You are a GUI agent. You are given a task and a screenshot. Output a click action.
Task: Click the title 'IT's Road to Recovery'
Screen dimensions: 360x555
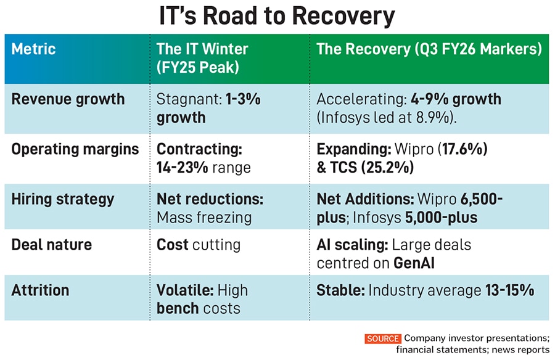coord(277,17)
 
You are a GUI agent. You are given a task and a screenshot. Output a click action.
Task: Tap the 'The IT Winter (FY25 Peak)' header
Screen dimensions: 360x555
coord(202,57)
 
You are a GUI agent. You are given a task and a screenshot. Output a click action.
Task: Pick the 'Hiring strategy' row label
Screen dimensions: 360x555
coord(63,199)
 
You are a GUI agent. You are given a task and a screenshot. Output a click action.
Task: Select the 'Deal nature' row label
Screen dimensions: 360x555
coord(52,244)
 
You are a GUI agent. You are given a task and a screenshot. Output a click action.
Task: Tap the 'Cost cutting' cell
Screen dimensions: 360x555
coord(199,244)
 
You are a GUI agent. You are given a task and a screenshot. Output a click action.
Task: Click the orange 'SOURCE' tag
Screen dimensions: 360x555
coord(382,338)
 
